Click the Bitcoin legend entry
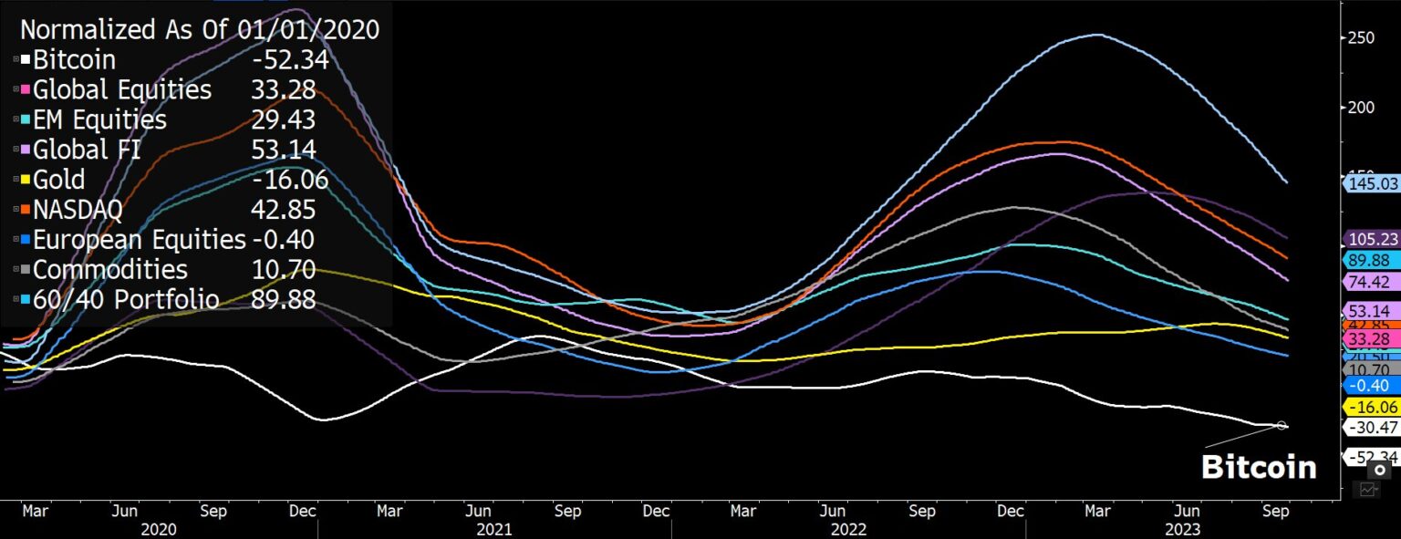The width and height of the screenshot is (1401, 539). (x=74, y=60)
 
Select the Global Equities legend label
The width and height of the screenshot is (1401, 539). (x=121, y=90)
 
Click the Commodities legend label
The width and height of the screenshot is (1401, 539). (x=110, y=269)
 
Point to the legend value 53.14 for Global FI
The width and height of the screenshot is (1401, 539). (x=283, y=150)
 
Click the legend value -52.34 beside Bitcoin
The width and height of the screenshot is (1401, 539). (x=289, y=60)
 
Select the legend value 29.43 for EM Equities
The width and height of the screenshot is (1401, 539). (x=283, y=119)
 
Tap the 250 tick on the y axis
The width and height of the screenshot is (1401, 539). (x=1362, y=38)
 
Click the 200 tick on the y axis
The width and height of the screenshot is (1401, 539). (x=1362, y=107)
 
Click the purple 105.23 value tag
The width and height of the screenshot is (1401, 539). (x=1372, y=239)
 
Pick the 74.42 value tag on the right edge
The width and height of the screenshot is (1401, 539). (x=1372, y=282)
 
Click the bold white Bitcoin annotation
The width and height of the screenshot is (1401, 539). (x=1259, y=467)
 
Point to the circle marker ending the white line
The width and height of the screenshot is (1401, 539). (x=1282, y=425)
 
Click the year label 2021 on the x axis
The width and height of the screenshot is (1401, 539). (x=494, y=529)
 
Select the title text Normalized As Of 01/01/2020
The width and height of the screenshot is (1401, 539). (x=200, y=29)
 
